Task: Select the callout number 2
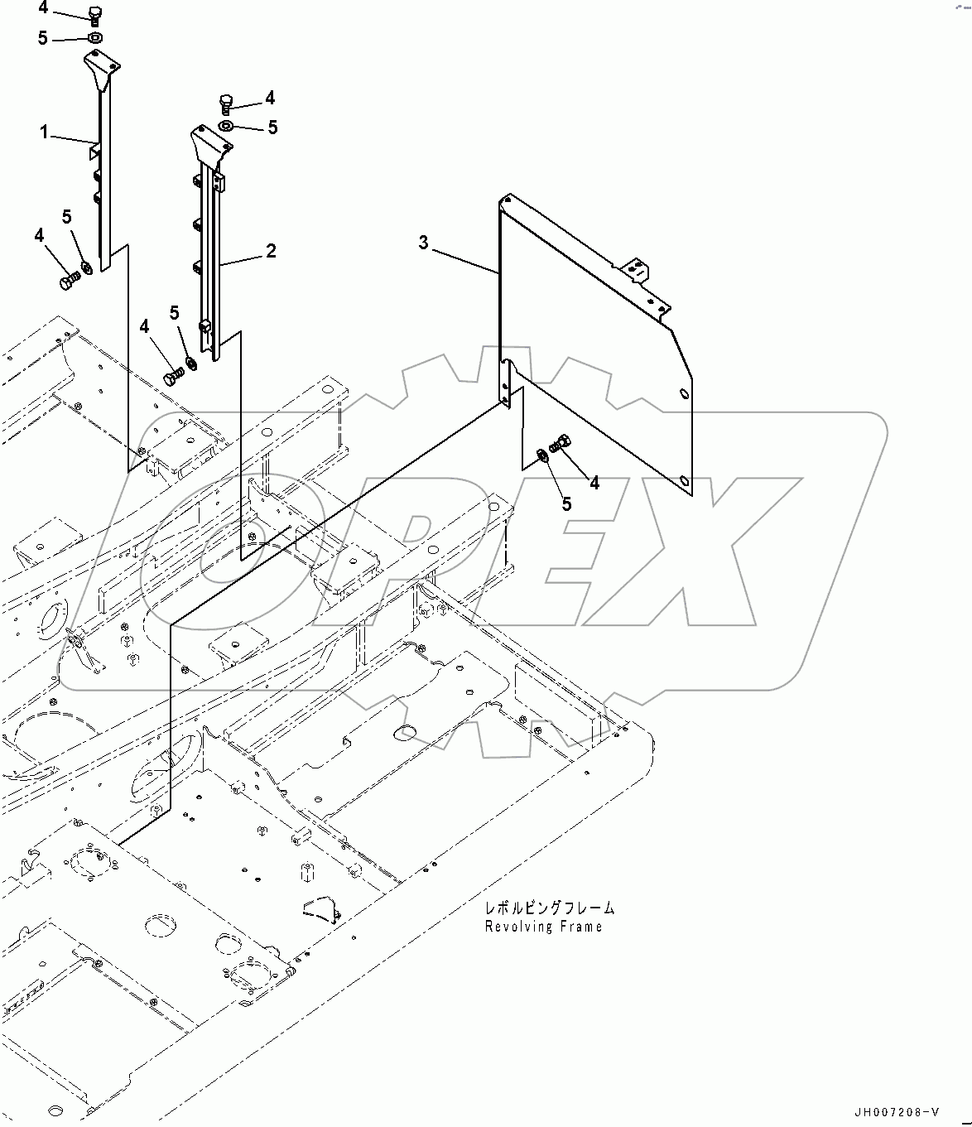pyautogui.click(x=271, y=251)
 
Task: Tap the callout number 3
pyautogui.click(x=424, y=243)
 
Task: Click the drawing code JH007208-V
pyautogui.click(x=897, y=1112)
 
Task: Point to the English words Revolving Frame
pyautogui.click(x=543, y=927)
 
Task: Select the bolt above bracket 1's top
pyautogui.click(x=94, y=14)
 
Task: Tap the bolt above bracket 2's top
pyautogui.click(x=226, y=103)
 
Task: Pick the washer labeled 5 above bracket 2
pyautogui.click(x=226, y=126)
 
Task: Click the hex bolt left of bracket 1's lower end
pyautogui.click(x=68, y=282)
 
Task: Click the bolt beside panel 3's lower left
pyautogui.click(x=561, y=443)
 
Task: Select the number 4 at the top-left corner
pyautogui.click(x=43, y=10)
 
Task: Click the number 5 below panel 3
pyautogui.click(x=566, y=503)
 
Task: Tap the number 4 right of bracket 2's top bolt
pyautogui.click(x=270, y=98)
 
